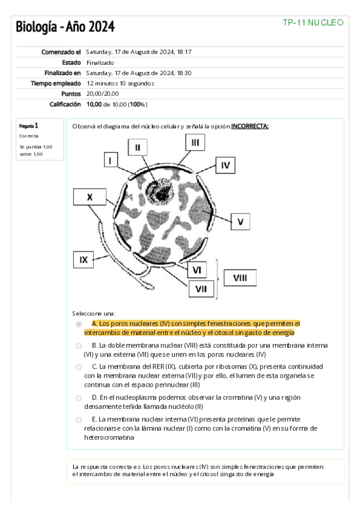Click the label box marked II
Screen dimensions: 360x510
coord(138,147)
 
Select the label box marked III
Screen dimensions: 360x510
coord(195,143)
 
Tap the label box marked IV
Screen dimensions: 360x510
coord(225,165)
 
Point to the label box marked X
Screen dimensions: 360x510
coord(90,197)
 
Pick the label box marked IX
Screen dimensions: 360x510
coord(84,260)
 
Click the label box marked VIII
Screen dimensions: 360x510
coord(240,278)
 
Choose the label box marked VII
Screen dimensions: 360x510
coord(201,289)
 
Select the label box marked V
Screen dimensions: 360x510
coord(240,222)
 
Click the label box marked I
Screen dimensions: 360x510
coord(111,161)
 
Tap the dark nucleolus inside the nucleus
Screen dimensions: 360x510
coord(160,194)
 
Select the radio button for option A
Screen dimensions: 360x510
coord(79,324)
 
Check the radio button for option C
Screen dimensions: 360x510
coord(79,367)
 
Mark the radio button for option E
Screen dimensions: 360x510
coord(79,420)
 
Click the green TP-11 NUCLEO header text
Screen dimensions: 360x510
coord(313,22)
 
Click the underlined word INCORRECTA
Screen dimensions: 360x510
coord(249,126)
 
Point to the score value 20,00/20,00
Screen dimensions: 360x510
coord(102,94)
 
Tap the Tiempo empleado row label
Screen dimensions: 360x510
coord(55,83)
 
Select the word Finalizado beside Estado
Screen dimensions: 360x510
coord(100,63)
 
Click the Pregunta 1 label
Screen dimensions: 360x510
coord(29,126)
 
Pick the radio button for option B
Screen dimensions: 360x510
coord(79,346)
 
